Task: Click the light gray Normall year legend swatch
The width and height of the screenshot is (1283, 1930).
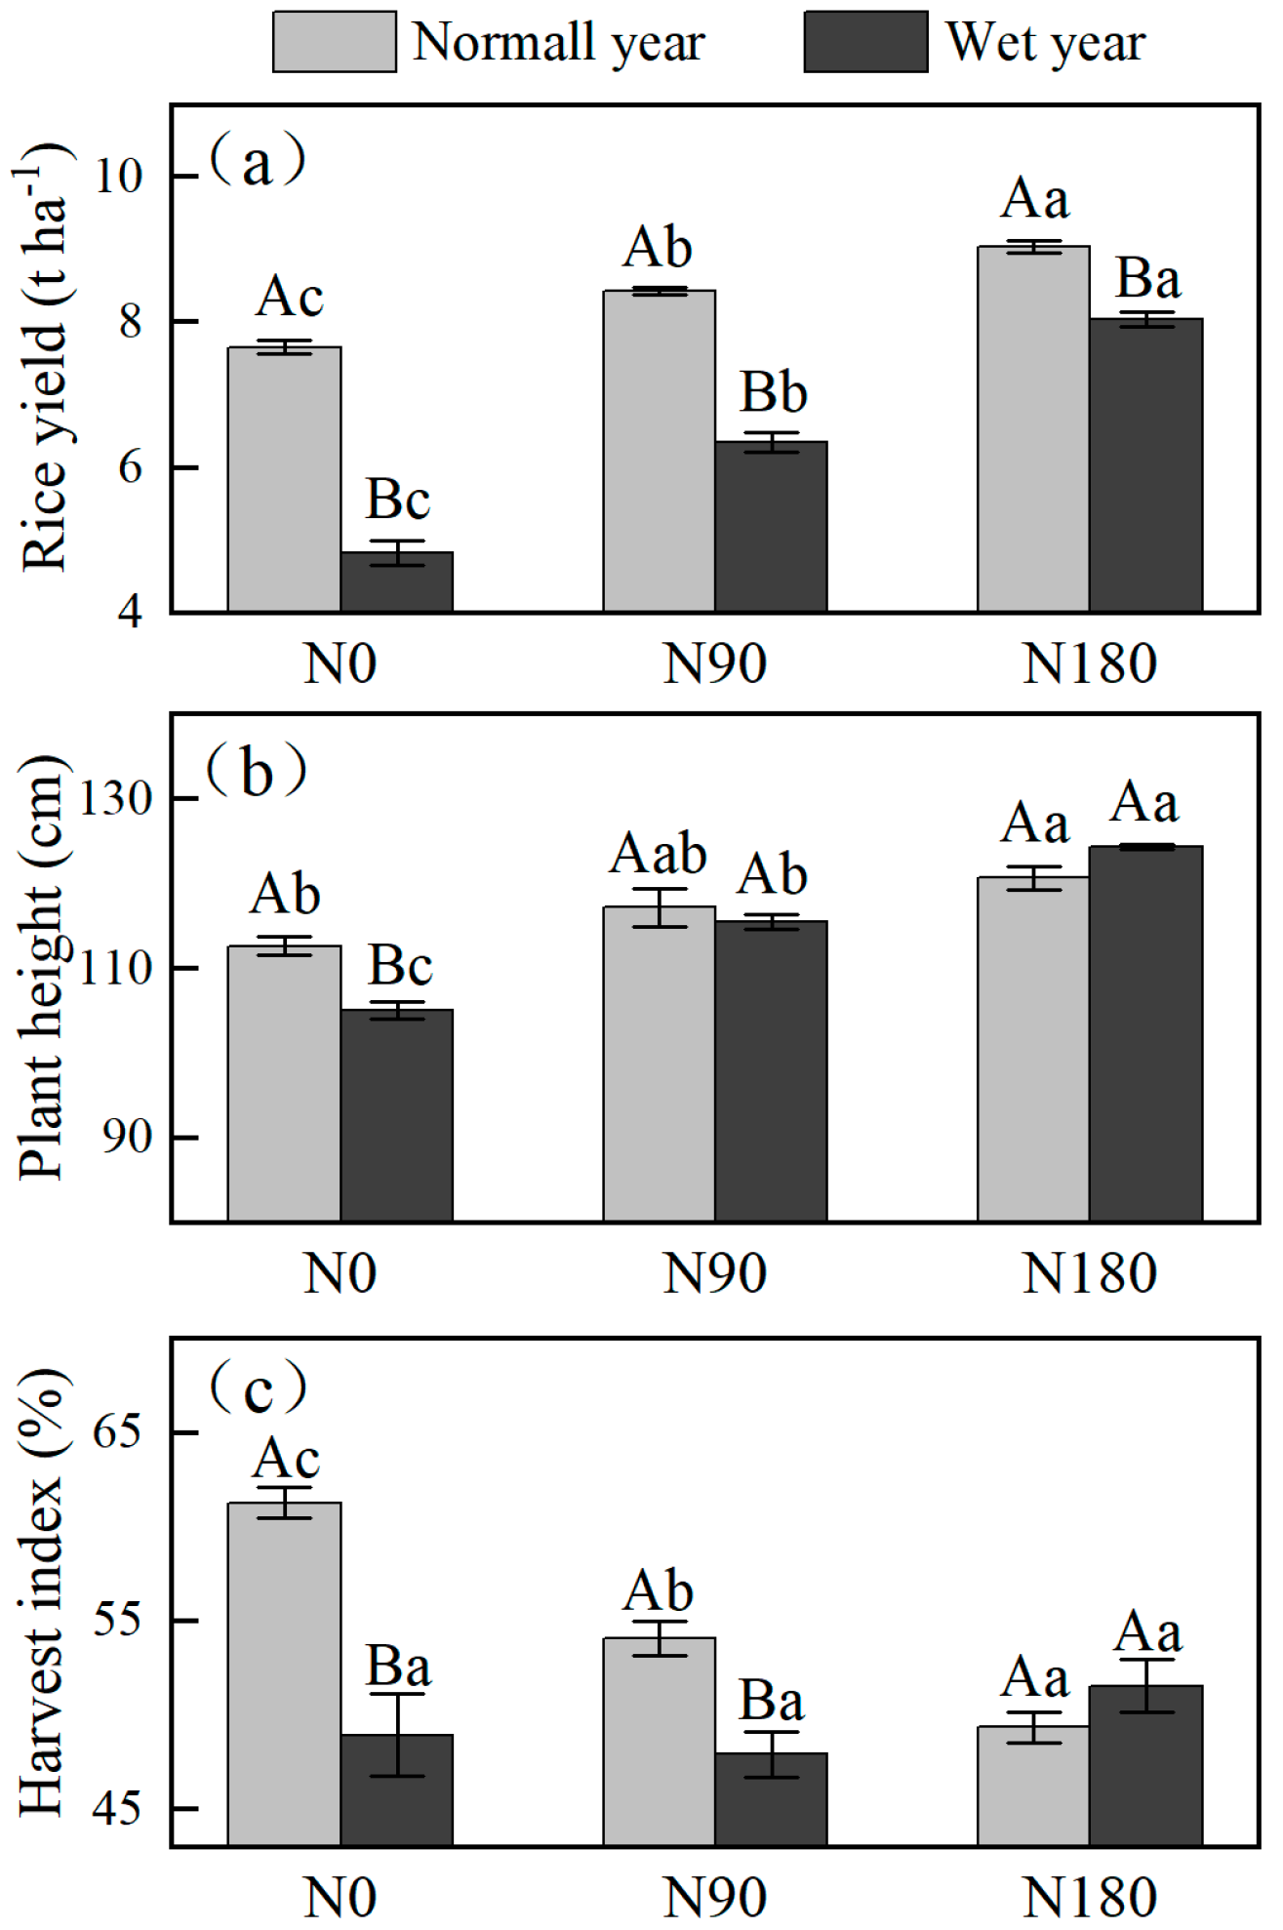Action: (334, 42)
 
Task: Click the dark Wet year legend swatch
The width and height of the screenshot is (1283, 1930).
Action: (864, 42)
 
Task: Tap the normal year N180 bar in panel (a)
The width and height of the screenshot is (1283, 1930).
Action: (1033, 429)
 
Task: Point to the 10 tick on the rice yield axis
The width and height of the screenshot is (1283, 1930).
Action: (118, 177)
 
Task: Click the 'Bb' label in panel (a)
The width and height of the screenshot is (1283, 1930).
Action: (773, 393)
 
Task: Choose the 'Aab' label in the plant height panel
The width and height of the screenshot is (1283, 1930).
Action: (659, 854)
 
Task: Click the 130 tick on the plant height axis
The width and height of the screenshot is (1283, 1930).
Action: (115, 799)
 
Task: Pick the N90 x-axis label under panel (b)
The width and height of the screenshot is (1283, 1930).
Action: (714, 1273)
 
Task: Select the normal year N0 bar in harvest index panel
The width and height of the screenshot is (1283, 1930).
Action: (284, 1673)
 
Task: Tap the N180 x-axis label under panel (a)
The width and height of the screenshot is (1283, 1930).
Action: (1089, 664)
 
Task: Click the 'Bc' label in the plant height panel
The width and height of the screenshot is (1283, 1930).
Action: (399, 966)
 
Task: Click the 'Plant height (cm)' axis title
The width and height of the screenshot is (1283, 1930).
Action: (43, 967)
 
